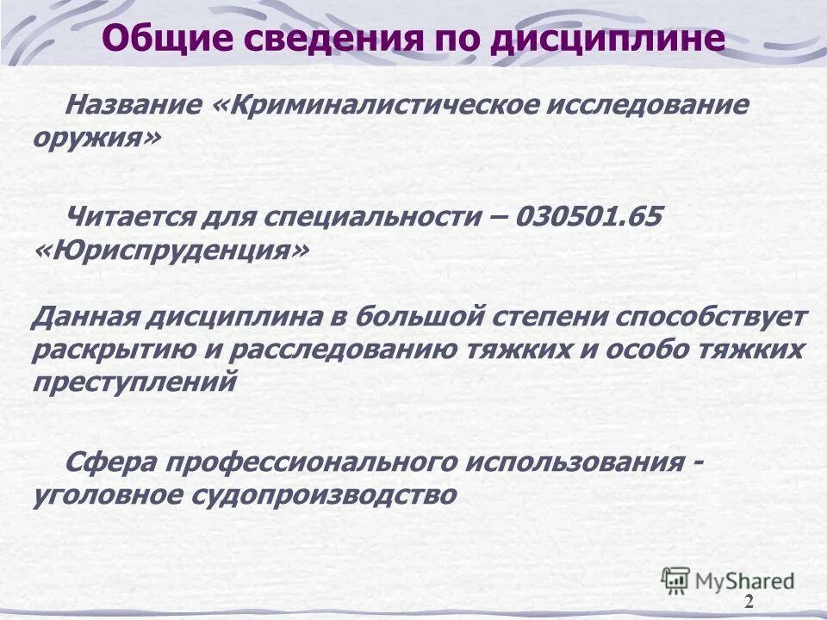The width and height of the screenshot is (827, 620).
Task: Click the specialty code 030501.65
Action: click(589, 216)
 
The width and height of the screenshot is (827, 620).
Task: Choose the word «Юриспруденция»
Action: click(172, 251)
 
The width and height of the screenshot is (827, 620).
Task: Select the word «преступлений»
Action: click(134, 381)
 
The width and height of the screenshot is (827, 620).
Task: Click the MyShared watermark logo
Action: click(727, 580)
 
